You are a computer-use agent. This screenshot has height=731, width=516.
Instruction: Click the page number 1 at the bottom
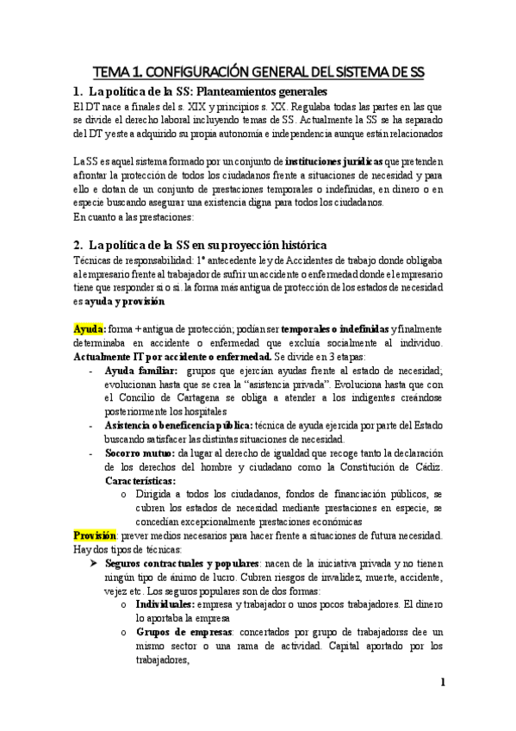[442, 684]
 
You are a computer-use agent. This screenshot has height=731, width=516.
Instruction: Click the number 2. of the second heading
[79, 246]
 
